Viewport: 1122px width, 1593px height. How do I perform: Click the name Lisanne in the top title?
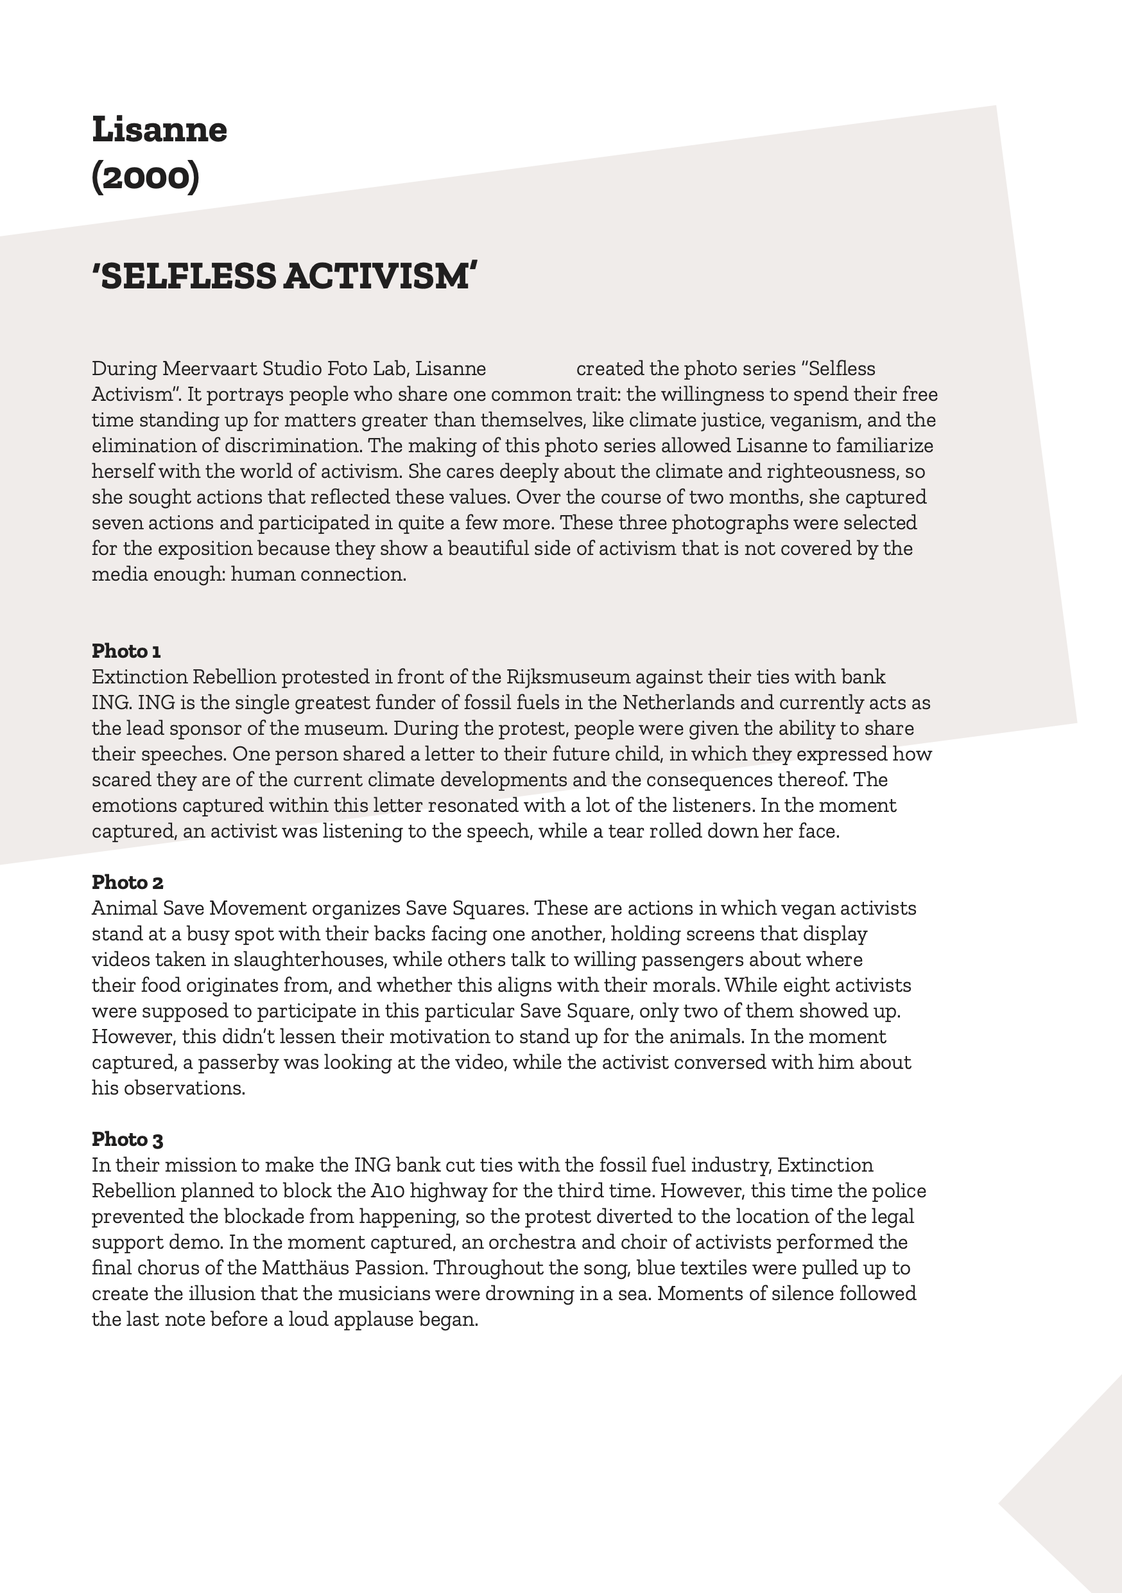(159, 130)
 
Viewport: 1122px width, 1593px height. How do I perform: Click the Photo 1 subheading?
(126, 651)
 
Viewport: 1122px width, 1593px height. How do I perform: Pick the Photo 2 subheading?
(128, 883)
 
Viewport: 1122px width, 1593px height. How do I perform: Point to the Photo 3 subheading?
(128, 1140)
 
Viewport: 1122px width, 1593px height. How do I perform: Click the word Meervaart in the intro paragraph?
(209, 369)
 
